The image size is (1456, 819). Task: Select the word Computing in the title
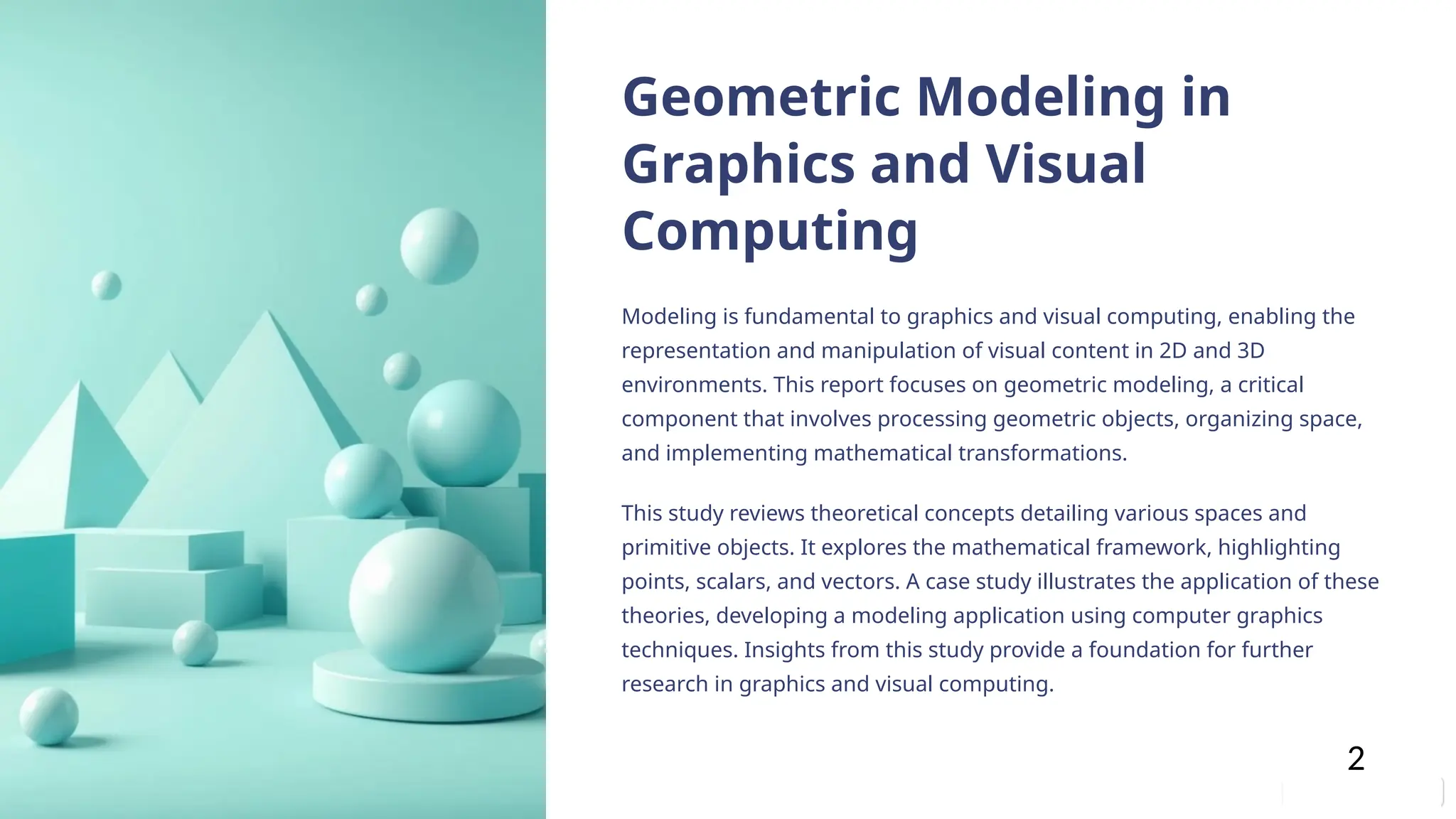[x=770, y=231]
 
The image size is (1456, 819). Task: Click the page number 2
[x=1356, y=759]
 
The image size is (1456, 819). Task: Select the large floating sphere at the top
[x=439, y=246]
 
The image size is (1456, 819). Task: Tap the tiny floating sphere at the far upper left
[x=107, y=285]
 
